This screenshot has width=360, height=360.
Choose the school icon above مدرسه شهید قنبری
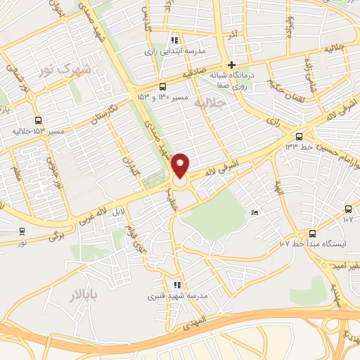click(177, 285)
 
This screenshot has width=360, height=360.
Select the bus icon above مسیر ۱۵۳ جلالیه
click(37, 120)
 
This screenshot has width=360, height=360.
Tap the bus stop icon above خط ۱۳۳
click(300, 136)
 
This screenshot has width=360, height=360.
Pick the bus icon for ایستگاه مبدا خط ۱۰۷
click(313, 233)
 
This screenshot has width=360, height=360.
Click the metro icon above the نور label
click(22, 231)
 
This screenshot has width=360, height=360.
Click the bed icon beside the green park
click(254, 213)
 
